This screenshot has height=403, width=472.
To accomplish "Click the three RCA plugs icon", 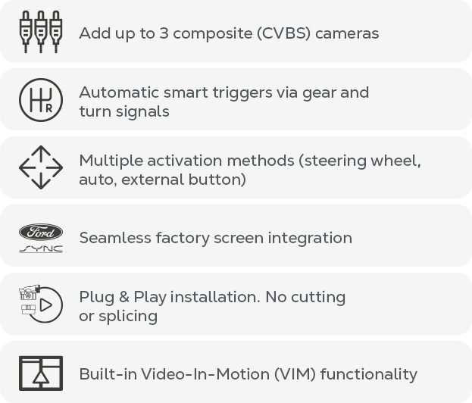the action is point(41,32).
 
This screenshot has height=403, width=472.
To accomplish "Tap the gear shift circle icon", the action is point(41,100).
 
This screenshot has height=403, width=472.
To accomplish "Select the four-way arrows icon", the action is point(41,167).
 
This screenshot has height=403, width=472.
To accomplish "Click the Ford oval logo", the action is point(41,232).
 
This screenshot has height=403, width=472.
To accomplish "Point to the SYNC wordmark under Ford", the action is point(41,249).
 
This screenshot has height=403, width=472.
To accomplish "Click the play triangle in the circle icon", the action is point(46,305).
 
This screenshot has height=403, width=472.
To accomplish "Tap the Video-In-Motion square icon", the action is point(41,373).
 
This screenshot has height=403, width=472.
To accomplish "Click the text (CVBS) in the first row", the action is point(283,33).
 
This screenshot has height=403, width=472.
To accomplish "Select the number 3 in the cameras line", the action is point(164,33).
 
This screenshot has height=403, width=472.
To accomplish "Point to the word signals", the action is point(142,112).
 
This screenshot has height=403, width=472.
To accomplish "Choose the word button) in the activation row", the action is point(217,180).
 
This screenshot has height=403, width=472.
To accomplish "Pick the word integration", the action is point(310,239).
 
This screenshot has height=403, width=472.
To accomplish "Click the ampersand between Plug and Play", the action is point(124,297).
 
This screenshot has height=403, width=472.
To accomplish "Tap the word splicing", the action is point(128,317).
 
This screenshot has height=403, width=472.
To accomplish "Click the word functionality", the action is point(369,375).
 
